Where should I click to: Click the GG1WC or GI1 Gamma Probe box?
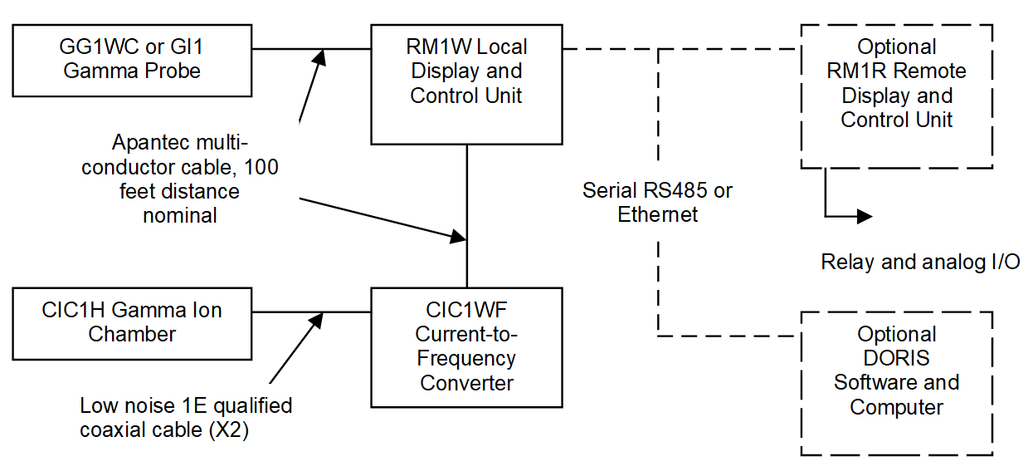[x=133, y=59]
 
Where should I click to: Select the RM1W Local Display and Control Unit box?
[x=466, y=84]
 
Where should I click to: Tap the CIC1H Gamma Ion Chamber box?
[x=133, y=323]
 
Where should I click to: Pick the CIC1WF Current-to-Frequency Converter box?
[x=466, y=347]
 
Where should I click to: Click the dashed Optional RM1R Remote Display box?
[x=896, y=96]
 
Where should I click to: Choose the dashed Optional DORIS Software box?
[x=896, y=383]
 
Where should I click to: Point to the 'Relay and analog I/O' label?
[x=920, y=263]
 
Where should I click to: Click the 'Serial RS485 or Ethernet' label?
[x=657, y=203]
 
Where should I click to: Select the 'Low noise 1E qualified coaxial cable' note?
[x=186, y=418]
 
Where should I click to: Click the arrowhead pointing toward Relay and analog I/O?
[x=865, y=217]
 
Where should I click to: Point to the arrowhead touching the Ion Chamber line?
[x=316, y=320]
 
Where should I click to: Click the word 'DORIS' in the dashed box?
[x=896, y=359]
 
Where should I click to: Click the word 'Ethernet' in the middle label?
[x=657, y=214]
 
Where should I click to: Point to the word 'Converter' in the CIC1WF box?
[x=466, y=383]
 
